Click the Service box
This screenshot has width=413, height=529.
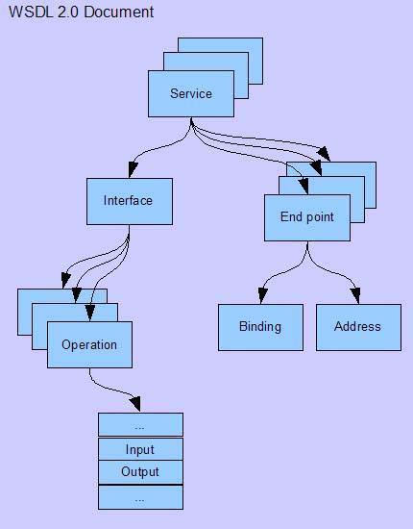pos(191,94)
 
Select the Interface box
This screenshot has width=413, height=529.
pos(130,201)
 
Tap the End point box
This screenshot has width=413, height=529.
pos(307,217)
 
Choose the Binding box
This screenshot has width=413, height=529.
pos(260,328)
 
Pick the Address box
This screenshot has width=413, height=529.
pos(358,328)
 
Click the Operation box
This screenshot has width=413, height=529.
pos(89,344)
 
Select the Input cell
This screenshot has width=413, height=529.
pos(140,449)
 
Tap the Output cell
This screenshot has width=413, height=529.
pos(140,472)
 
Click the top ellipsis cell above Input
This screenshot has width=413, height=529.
pos(140,424)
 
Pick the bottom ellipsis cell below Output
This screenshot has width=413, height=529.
pos(140,497)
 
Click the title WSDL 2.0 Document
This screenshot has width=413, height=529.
pos(82,13)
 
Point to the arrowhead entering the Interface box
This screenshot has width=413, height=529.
pos(133,169)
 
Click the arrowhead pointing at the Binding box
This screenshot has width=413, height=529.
pos(263,295)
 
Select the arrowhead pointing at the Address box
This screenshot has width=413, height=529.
pos(355,295)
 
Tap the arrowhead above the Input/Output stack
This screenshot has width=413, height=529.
pos(135,404)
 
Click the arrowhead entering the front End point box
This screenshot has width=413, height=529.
pos(304,186)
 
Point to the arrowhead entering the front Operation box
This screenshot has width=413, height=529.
pos(90,313)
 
